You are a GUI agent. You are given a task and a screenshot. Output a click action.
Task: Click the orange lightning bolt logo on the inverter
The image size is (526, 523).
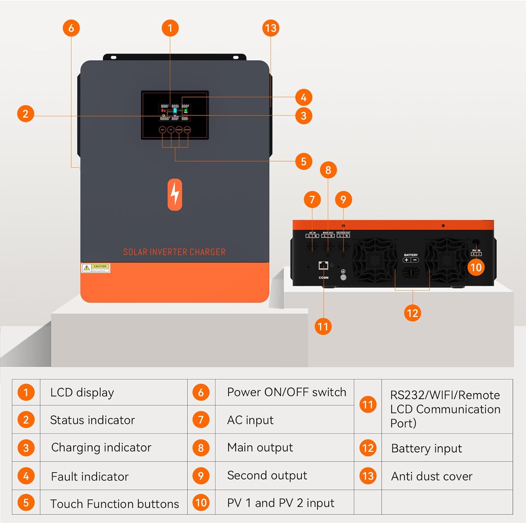pyautogui.click(x=175, y=195)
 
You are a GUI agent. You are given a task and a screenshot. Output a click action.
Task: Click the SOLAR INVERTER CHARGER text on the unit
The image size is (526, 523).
pyautogui.click(x=174, y=252)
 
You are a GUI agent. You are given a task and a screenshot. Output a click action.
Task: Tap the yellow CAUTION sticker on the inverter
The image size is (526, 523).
pyautogui.click(x=96, y=268)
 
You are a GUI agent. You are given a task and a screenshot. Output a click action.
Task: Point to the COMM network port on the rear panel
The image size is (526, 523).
pyautogui.click(x=323, y=266)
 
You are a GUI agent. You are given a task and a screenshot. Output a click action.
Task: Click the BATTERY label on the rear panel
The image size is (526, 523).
pyautogui.click(x=411, y=255)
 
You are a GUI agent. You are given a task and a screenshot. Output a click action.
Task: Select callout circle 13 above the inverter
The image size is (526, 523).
pyautogui.click(x=271, y=28)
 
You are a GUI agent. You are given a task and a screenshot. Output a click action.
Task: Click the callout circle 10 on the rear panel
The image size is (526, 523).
pyautogui.click(x=476, y=267)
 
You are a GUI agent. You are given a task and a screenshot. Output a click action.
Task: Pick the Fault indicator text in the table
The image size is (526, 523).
pyautogui.click(x=90, y=476)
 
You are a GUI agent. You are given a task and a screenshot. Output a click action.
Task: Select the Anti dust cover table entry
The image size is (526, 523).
pyautogui.click(x=432, y=476)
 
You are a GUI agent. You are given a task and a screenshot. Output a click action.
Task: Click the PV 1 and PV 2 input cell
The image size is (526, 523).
pyautogui.click(x=281, y=503)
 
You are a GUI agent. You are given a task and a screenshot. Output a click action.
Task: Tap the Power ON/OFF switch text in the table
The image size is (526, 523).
pyautogui.click(x=286, y=392)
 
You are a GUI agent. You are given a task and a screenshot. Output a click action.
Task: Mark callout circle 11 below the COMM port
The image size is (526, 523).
pyautogui.click(x=323, y=327)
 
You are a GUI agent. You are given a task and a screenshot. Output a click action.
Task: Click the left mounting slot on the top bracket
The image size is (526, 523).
pyautogui.click(x=113, y=57)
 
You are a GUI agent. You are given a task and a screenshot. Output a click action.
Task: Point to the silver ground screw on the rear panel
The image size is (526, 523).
pyautogui.click(x=343, y=277)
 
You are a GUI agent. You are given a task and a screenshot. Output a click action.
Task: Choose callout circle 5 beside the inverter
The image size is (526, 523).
pyautogui.click(x=304, y=161)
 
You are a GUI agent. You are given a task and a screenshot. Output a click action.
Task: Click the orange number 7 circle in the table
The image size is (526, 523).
pyautogui.click(x=201, y=420)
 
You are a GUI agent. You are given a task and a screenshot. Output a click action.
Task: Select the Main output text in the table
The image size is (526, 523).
pyautogui.click(x=260, y=447)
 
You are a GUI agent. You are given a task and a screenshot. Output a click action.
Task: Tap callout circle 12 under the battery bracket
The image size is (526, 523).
pyautogui.click(x=412, y=313)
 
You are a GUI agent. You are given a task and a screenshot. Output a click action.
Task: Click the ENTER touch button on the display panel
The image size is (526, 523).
pyautogui.click(x=187, y=130)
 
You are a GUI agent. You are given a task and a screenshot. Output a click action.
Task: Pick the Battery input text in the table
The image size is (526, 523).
pyautogui.click(x=426, y=448)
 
